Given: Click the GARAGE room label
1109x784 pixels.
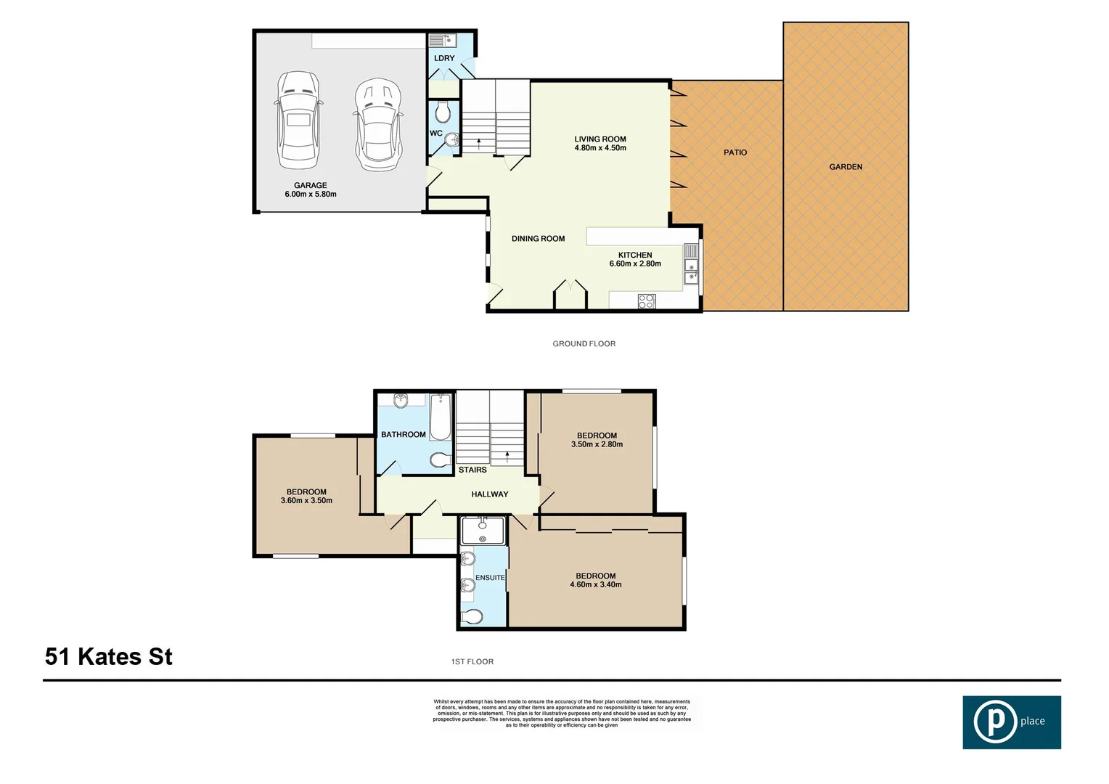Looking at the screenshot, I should (x=311, y=185).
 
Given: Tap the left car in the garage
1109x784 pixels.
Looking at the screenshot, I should (x=298, y=120).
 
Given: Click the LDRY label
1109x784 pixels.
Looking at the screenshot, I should (x=444, y=58).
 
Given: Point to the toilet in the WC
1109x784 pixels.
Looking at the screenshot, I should (x=443, y=113).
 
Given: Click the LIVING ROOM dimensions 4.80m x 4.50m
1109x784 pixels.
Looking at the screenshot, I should (x=600, y=148).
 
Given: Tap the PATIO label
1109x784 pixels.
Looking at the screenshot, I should (x=735, y=152).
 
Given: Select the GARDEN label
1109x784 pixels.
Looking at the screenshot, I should (x=846, y=167).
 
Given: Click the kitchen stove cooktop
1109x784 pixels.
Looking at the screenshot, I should (x=647, y=301).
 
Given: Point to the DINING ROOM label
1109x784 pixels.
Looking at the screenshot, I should (x=538, y=239).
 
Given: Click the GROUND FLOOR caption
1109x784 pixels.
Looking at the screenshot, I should (x=584, y=344).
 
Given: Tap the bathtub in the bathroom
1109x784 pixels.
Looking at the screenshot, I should (x=440, y=417).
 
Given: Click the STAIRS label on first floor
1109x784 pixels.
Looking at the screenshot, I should (x=472, y=470).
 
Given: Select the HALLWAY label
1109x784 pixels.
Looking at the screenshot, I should (x=490, y=494).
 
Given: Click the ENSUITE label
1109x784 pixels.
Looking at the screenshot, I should (x=490, y=578).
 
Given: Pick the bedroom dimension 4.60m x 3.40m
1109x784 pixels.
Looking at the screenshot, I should (x=596, y=584).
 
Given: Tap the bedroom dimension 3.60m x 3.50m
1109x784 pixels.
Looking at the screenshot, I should (x=306, y=500).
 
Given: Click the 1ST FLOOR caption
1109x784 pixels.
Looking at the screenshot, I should (x=472, y=662).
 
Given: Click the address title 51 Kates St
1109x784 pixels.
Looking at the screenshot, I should (x=109, y=656).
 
